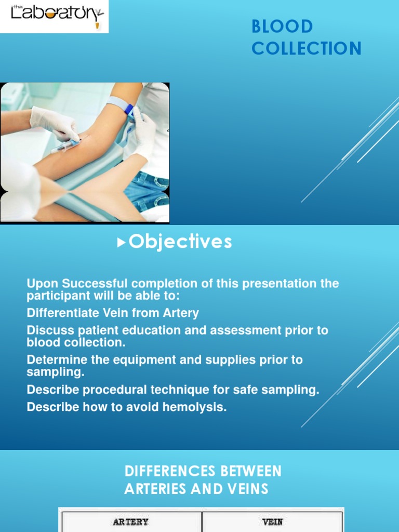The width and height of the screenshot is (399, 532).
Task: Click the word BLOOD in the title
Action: click(282, 26)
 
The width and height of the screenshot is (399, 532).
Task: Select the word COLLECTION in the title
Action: click(307, 48)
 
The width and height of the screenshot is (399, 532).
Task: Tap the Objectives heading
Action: click(180, 242)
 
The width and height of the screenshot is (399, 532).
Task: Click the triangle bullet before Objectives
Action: click(121, 242)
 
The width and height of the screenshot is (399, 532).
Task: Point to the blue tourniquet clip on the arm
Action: click(129, 111)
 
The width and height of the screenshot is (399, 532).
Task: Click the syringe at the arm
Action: click(65, 146)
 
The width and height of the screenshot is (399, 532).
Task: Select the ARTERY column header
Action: click(130, 522)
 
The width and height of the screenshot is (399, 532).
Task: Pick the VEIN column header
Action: click(272, 522)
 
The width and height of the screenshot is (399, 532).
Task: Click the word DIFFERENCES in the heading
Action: click(170, 471)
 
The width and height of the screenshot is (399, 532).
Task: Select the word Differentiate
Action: click(63, 312)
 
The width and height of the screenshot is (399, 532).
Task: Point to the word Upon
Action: click(43, 284)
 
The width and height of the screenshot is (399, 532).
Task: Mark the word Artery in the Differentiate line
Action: click(181, 313)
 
